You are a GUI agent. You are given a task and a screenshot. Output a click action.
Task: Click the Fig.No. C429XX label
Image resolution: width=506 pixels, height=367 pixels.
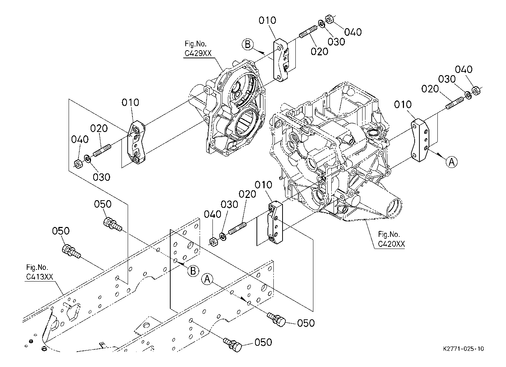[198, 49]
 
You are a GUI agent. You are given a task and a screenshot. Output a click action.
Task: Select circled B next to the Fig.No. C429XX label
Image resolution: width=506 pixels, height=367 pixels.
[248, 45]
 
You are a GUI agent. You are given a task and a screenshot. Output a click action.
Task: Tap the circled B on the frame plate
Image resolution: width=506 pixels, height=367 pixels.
[193, 271]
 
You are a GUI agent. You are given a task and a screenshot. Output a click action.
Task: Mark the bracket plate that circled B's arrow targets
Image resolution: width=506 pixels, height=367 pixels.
[281, 60]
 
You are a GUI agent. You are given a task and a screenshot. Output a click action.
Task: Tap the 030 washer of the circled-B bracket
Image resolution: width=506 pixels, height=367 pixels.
[321, 23]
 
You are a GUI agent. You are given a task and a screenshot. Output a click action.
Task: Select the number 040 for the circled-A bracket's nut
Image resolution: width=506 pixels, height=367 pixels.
[464, 70]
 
